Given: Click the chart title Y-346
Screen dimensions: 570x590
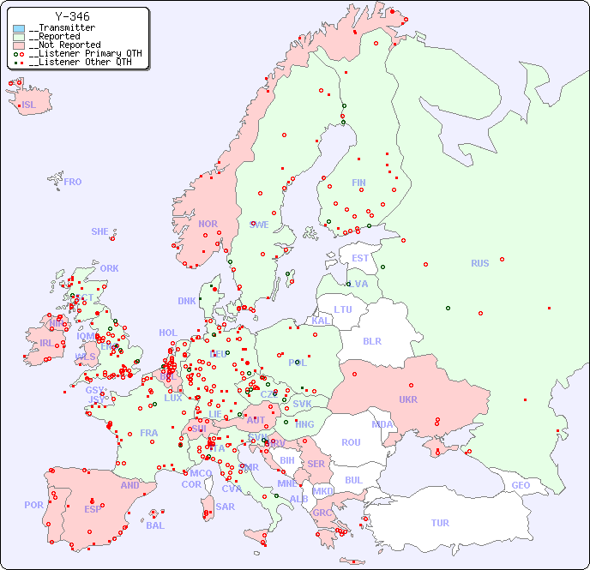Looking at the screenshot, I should tap(72, 16).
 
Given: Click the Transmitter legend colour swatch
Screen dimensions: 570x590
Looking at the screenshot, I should tap(19, 28).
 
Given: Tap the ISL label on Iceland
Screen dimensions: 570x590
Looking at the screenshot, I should tap(29, 105).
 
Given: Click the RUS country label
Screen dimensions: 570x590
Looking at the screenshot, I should tap(479, 263).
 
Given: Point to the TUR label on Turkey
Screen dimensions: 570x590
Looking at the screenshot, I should tap(440, 523).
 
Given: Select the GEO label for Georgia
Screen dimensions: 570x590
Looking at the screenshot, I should tap(521, 485).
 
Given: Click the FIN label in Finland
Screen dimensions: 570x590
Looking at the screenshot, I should tap(358, 183).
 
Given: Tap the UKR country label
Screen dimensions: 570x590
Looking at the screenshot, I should tap(407, 399).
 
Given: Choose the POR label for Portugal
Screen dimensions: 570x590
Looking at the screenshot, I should tap(33, 505).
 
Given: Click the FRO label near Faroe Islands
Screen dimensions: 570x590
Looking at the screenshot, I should tap(73, 182).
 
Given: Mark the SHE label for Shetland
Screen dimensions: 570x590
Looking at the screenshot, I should tap(100, 231).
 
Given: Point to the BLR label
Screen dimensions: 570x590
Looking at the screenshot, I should tap(371, 340).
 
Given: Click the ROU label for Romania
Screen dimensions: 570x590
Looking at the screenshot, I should tap(351, 442).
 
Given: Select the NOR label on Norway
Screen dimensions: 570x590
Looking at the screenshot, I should tap(208, 224).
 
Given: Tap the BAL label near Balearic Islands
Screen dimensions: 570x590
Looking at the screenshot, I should tap(155, 525).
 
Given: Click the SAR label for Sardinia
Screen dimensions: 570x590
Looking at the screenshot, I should tap(226, 506).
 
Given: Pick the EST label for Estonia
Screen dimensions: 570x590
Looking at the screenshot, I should tap(360, 258).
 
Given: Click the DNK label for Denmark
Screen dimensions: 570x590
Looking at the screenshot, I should tap(187, 301).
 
